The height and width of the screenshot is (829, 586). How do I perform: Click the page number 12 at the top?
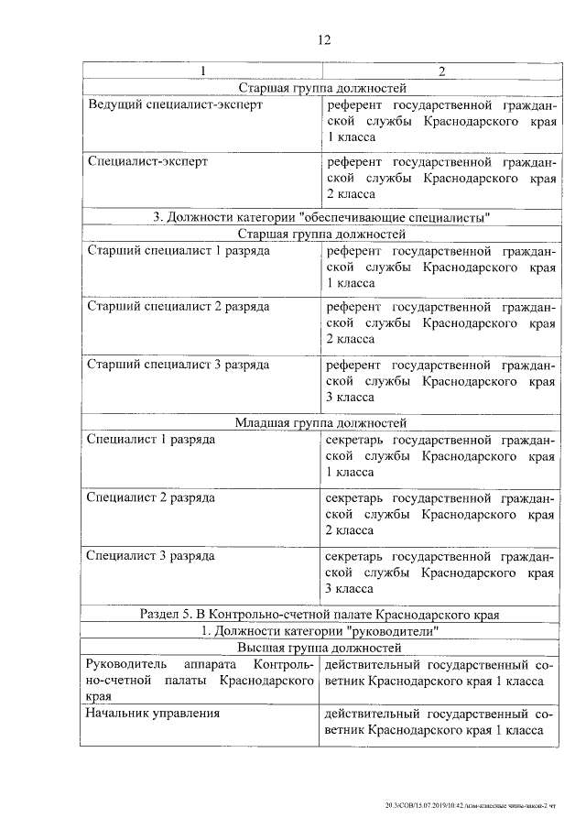pyautogui.click(x=322, y=39)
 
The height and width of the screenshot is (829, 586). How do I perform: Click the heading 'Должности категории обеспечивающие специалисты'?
pyautogui.click(x=322, y=217)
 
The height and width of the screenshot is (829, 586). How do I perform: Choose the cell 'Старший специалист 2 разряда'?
pyautogui.click(x=179, y=307)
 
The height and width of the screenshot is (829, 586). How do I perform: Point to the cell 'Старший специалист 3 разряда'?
pyautogui.click(x=179, y=364)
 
